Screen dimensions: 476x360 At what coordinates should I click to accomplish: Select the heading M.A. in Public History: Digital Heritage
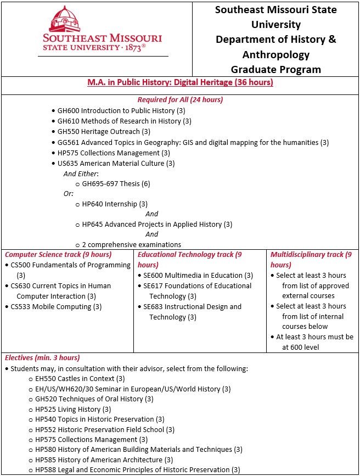(x=180, y=82)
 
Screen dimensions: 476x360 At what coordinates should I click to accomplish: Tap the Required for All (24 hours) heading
(x=180, y=99)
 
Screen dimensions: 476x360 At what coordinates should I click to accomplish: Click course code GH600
(x=68, y=110)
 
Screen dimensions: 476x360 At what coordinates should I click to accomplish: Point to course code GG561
(x=68, y=142)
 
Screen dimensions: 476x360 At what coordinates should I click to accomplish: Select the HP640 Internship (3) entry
(x=115, y=204)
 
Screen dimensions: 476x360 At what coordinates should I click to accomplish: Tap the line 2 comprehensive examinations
(x=132, y=244)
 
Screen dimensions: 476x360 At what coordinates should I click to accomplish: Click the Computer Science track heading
(x=58, y=254)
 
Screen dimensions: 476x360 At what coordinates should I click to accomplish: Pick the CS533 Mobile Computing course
(x=56, y=306)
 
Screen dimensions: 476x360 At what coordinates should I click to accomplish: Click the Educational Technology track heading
(x=189, y=255)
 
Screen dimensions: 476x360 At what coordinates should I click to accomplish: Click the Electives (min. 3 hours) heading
(x=42, y=357)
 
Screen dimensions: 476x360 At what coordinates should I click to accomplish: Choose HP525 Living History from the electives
(x=73, y=409)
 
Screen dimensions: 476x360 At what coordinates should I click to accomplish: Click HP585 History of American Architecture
(x=104, y=460)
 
